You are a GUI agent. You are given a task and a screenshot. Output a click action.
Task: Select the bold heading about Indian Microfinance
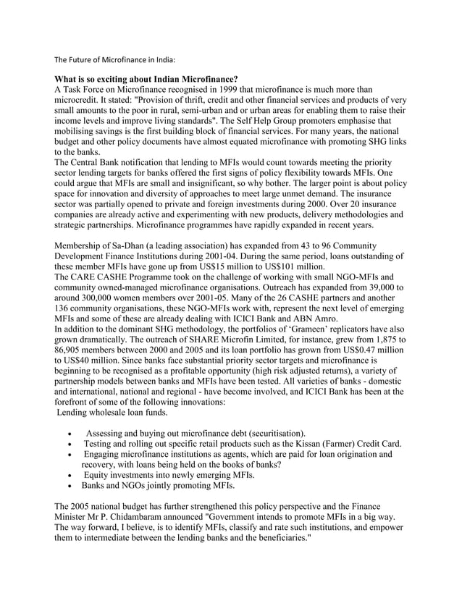pyautogui.click(x=147, y=78)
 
